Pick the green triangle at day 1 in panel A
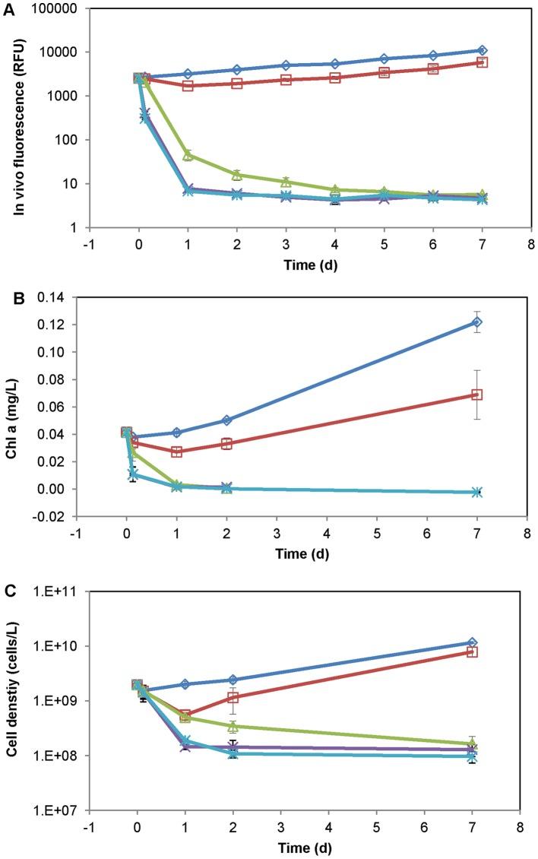[x=188, y=155]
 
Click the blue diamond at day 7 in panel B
[x=476, y=322]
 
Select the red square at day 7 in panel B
[x=476, y=395]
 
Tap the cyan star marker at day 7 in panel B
[x=476, y=492]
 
